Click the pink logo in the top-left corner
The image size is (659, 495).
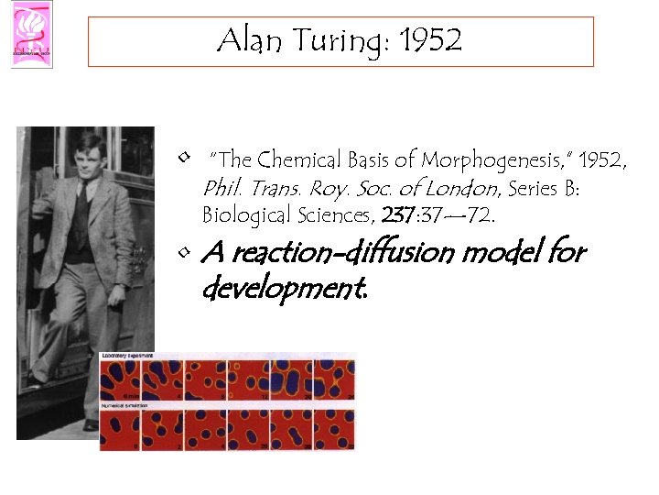32,34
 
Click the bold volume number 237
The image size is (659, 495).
397,215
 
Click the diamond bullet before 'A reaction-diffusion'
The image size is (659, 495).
185,249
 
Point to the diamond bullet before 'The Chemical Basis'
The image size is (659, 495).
185,158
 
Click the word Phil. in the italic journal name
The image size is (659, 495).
221,188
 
